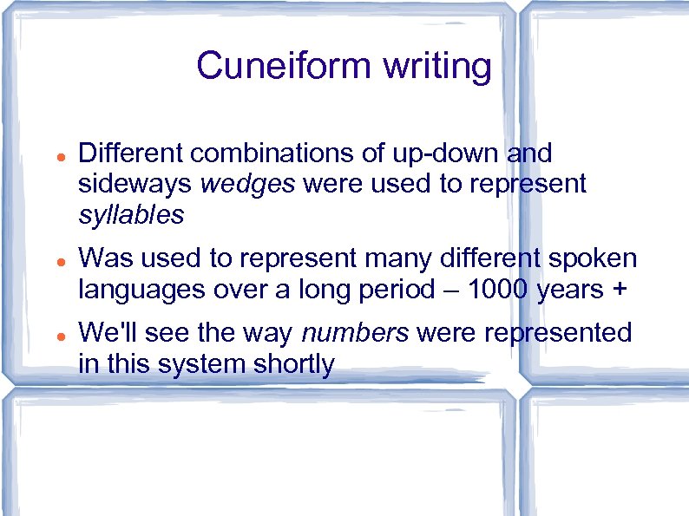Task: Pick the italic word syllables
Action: point(131,214)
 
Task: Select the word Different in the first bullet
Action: point(130,153)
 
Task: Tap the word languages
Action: point(141,290)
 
